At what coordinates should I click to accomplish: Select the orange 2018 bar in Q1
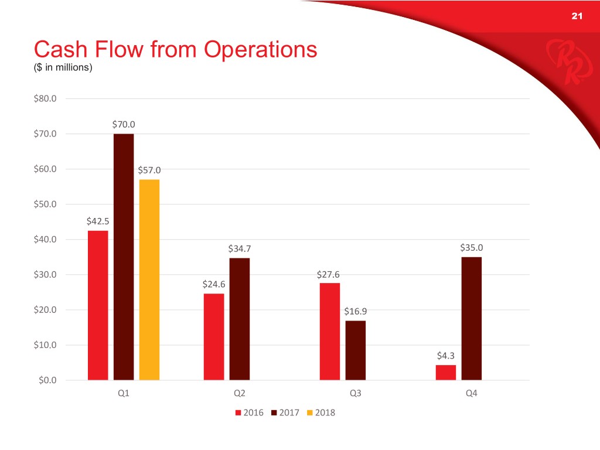[149, 279]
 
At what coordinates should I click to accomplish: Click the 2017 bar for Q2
[240, 319]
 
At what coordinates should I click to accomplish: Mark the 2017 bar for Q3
[356, 350]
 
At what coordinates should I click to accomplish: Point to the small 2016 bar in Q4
[446, 372]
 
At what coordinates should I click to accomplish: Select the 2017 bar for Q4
[472, 318]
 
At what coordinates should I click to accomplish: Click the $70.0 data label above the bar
[124, 124]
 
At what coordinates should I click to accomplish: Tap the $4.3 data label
[446, 355]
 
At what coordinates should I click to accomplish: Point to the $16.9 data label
[356, 311]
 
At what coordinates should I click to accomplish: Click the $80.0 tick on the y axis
[45, 98]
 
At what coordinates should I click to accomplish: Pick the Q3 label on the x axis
[355, 394]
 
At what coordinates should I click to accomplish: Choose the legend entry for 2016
[249, 412]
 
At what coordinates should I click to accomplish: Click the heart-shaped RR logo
[561, 61]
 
